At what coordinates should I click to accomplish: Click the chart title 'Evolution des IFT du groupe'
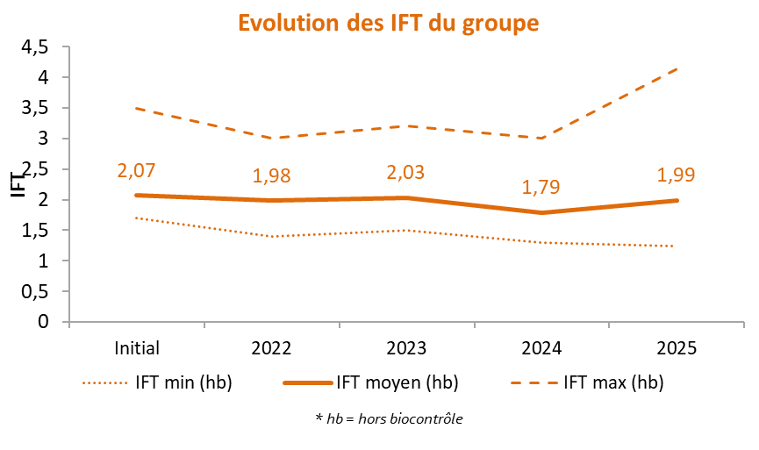[x=388, y=23]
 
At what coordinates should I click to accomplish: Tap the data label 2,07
[x=136, y=171]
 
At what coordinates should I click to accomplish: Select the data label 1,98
[x=271, y=175]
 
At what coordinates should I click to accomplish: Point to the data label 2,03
[x=405, y=172]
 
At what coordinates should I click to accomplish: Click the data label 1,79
[x=541, y=187]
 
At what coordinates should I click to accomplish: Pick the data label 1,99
[x=676, y=175]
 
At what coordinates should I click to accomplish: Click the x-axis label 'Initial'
[x=137, y=348]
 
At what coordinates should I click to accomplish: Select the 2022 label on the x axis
[x=271, y=348]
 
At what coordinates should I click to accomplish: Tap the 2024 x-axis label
[x=541, y=348]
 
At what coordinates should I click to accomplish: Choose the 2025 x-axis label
[x=677, y=348]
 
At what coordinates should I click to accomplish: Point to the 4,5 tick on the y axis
[x=35, y=47]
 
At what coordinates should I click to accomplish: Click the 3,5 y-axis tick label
[x=35, y=108]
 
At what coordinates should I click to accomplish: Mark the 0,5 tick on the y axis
[x=35, y=291]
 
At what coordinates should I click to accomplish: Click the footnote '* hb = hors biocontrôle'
[x=389, y=418]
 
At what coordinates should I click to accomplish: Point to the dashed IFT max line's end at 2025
[x=677, y=69]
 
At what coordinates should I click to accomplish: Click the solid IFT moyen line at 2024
[x=541, y=212]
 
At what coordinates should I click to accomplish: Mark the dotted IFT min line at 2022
[x=271, y=237]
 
